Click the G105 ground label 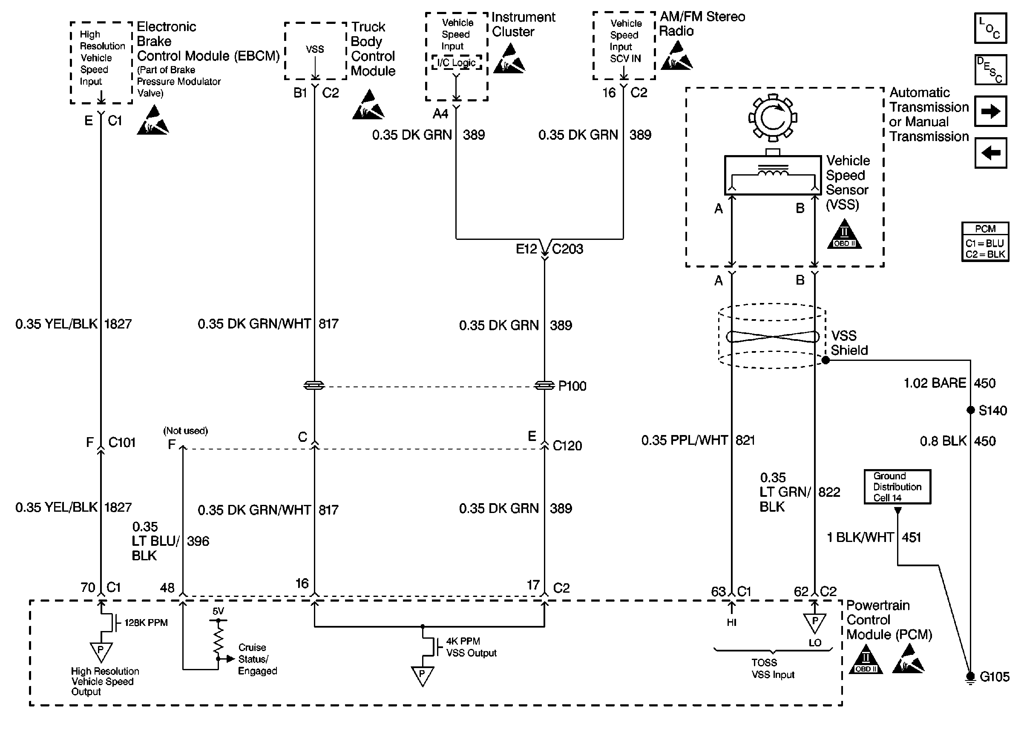pyautogui.click(x=994, y=677)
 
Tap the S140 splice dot pyautogui.click(x=971, y=410)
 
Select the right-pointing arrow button pyautogui.click(x=990, y=111)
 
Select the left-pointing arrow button pyautogui.click(x=990, y=153)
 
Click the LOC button pyautogui.click(x=990, y=28)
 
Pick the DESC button pyautogui.click(x=990, y=70)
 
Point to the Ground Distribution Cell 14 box pyautogui.click(x=897, y=487)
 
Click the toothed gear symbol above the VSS pyautogui.click(x=773, y=118)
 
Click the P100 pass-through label pyautogui.click(x=572, y=386)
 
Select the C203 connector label pyautogui.click(x=567, y=249)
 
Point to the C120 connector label pyautogui.click(x=567, y=446)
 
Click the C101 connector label pyautogui.click(x=122, y=443)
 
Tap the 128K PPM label pyautogui.click(x=146, y=622)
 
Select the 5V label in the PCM pyautogui.click(x=218, y=611)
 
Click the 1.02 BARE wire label pyautogui.click(x=935, y=383)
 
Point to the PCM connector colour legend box pyautogui.click(x=985, y=242)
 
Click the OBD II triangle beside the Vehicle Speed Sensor pyautogui.click(x=844, y=235)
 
